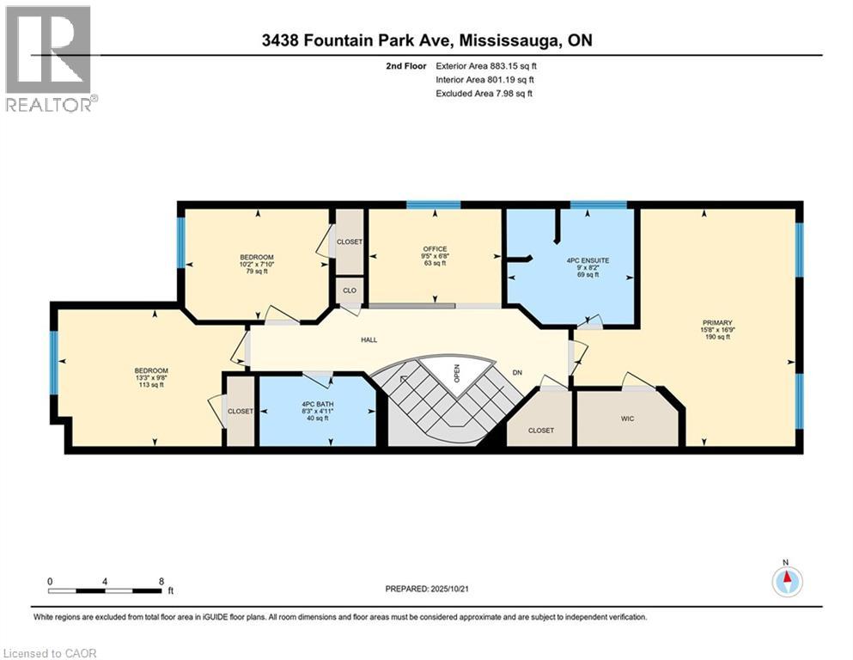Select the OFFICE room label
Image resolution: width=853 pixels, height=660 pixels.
click(x=435, y=249)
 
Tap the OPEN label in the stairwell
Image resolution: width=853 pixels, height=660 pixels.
click(x=458, y=374)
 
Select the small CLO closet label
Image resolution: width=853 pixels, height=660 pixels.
click(x=350, y=290)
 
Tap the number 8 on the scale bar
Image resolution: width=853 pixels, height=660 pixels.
click(x=161, y=581)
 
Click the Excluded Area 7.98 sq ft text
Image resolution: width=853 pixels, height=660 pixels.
click(x=484, y=93)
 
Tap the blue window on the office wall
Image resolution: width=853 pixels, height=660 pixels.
click(x=433, y=205)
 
